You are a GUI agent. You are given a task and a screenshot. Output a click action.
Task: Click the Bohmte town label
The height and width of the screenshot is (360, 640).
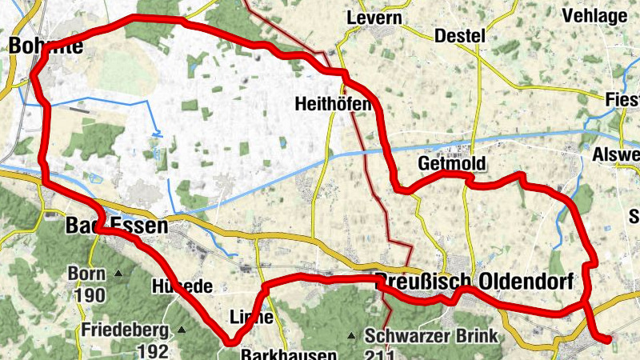tap(46, 46)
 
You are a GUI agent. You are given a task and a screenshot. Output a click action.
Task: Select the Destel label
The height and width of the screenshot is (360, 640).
tap(460, 36)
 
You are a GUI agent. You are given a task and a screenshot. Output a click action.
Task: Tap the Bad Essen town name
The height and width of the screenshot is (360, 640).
tap(117, 227)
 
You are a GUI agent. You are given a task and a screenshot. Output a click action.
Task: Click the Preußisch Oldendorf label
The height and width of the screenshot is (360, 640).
tap(474, 281)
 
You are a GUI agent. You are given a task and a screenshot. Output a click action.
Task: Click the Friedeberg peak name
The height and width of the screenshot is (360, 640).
tap(123, 330)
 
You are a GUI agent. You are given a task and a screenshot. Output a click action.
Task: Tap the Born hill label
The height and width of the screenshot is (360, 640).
tap(86, 274)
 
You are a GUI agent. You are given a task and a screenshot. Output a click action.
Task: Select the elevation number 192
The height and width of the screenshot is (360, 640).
tap(152, 350)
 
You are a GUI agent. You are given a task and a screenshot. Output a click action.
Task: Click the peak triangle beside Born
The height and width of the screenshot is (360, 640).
tap(118, 274)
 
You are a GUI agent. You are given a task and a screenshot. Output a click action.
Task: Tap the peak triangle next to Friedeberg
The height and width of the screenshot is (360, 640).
tap(182, 330)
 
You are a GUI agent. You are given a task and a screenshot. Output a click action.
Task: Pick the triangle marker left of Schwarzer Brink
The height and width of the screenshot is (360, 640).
tap(350, 335)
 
